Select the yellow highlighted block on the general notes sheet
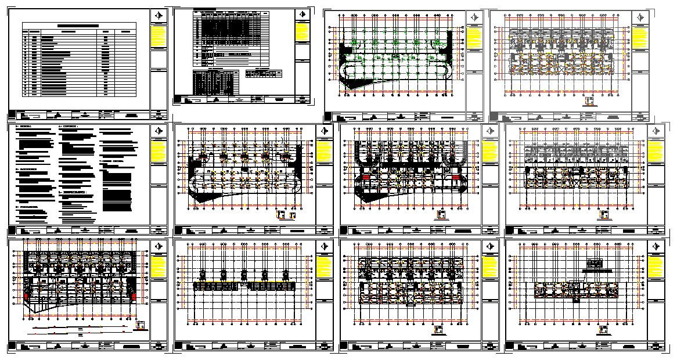pyautogui.click(x=159, y=152)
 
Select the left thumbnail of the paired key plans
pyautogui.click(x=281, y=215)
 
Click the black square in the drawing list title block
pyautogui.click(x=12, y=114)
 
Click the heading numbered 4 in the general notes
pyautogui.click(x=69, y=126)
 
